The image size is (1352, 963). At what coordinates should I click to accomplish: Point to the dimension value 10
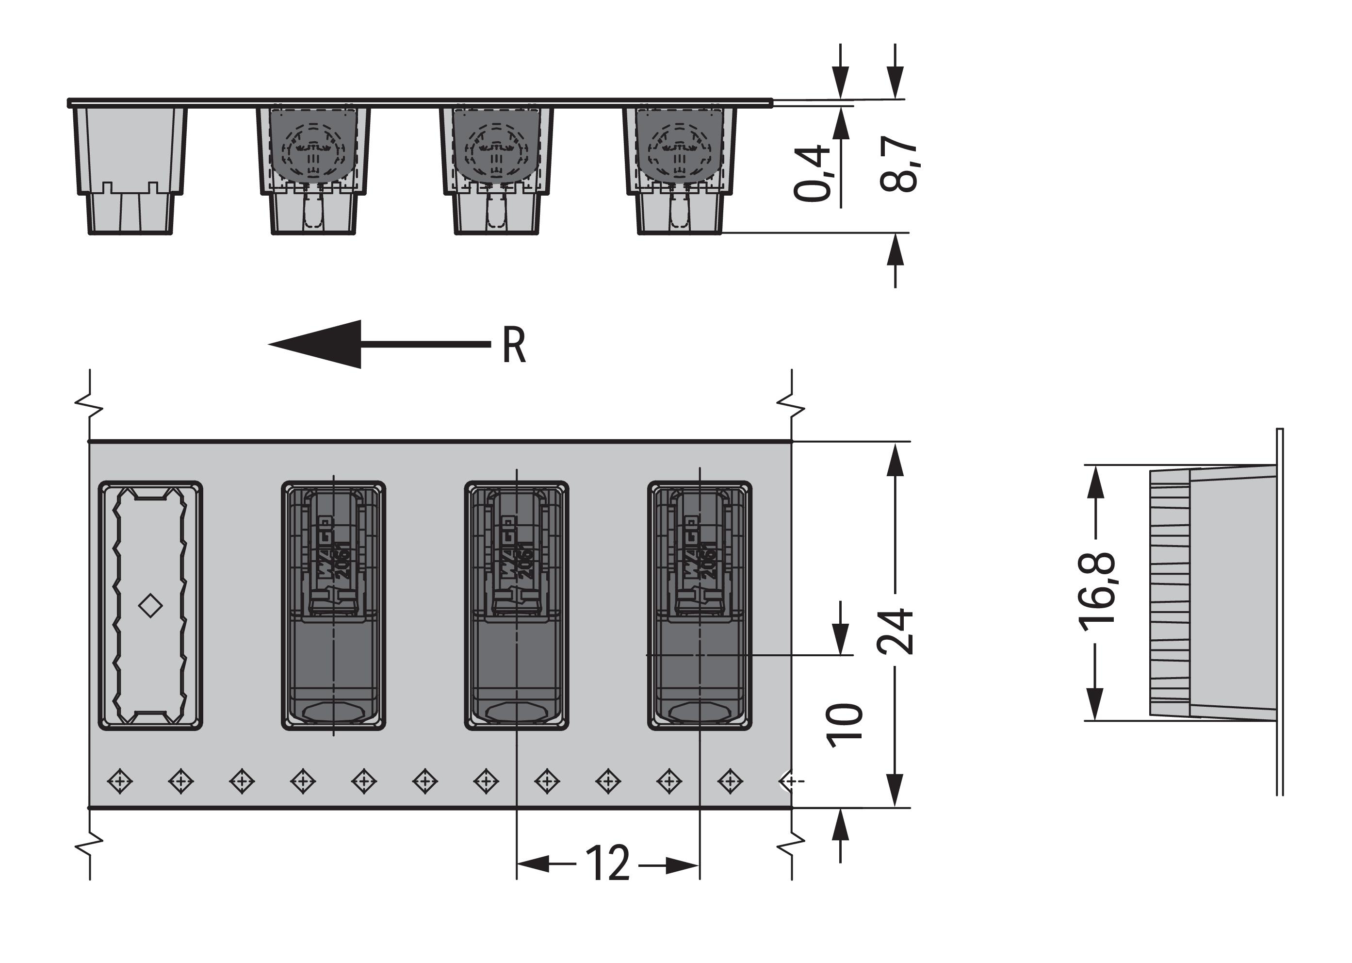(844, 725)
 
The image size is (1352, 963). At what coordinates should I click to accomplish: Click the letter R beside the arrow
(513, 346)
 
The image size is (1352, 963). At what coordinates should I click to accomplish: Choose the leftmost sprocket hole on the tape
(120, 781)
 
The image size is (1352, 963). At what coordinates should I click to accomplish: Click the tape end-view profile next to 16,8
(1215, 593)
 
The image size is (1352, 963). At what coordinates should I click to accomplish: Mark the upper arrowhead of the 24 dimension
(895, 460)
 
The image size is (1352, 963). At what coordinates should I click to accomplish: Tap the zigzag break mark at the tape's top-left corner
(89, 409)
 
